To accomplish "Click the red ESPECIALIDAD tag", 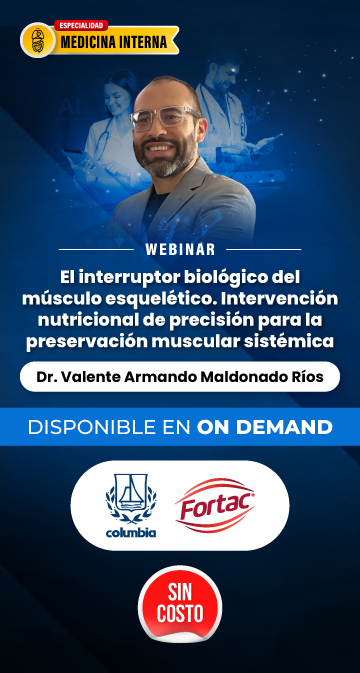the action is click(x=81, y=25).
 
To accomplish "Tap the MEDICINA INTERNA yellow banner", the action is click(x=114, y=42).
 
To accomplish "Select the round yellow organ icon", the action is click(x=38, y=40).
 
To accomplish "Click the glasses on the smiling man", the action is click(x=164, y=117).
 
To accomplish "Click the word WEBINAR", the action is click(x=180, y=249).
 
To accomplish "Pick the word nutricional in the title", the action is click(x=70, y=321).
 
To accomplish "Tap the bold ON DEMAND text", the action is click(x=265, y=427).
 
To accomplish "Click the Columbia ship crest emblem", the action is click(x=131, y=499).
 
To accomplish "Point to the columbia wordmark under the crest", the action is click(x=131, y=533).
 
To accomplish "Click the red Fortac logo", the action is click(x=215, y=506).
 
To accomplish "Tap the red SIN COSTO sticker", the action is click(x=180, y=604).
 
